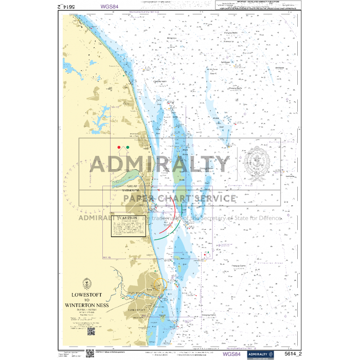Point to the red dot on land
coord(119,148)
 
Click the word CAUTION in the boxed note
coord(128,218)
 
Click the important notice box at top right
coord(255,6)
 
